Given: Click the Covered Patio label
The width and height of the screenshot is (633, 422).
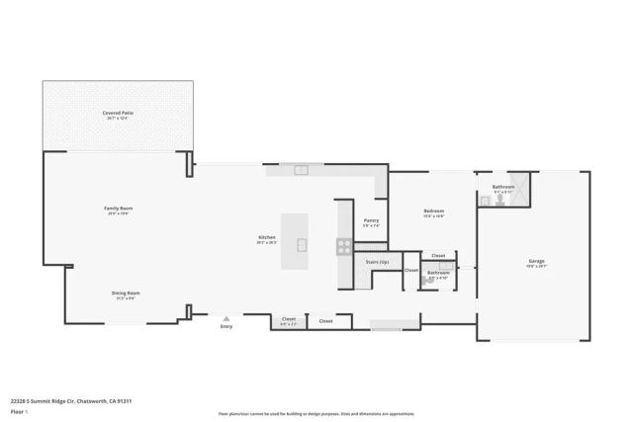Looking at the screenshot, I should click(x=118, y=114).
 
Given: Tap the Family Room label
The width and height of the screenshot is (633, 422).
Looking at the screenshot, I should click(x=119, y=209).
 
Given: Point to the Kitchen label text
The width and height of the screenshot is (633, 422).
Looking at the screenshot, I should click(x=267, y=237).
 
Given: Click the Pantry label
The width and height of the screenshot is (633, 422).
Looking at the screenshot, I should click(x=371, y=220).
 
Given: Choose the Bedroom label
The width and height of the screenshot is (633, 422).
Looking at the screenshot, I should click(x=433, y=211).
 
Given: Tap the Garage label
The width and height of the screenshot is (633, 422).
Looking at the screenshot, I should click(x=536, y=261).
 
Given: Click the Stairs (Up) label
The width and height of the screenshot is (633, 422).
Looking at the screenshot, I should click(x=377, y=262).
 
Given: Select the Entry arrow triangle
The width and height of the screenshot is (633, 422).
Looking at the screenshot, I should click(x=226, y=318).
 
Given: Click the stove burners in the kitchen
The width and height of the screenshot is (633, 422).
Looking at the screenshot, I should click(x=345, y=244).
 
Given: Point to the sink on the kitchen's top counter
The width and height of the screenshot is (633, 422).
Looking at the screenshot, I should click(x=301, y=171).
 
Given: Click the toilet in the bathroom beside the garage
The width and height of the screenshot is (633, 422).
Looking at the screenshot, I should click(x=501, y=199).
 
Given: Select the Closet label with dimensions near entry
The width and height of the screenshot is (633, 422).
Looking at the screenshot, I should click(x=289, y=319).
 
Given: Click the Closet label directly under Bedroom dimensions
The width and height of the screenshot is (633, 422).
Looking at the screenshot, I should click(x=438, y=255).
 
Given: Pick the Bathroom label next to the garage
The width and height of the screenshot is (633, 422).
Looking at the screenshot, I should click(x=503, y=187).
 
